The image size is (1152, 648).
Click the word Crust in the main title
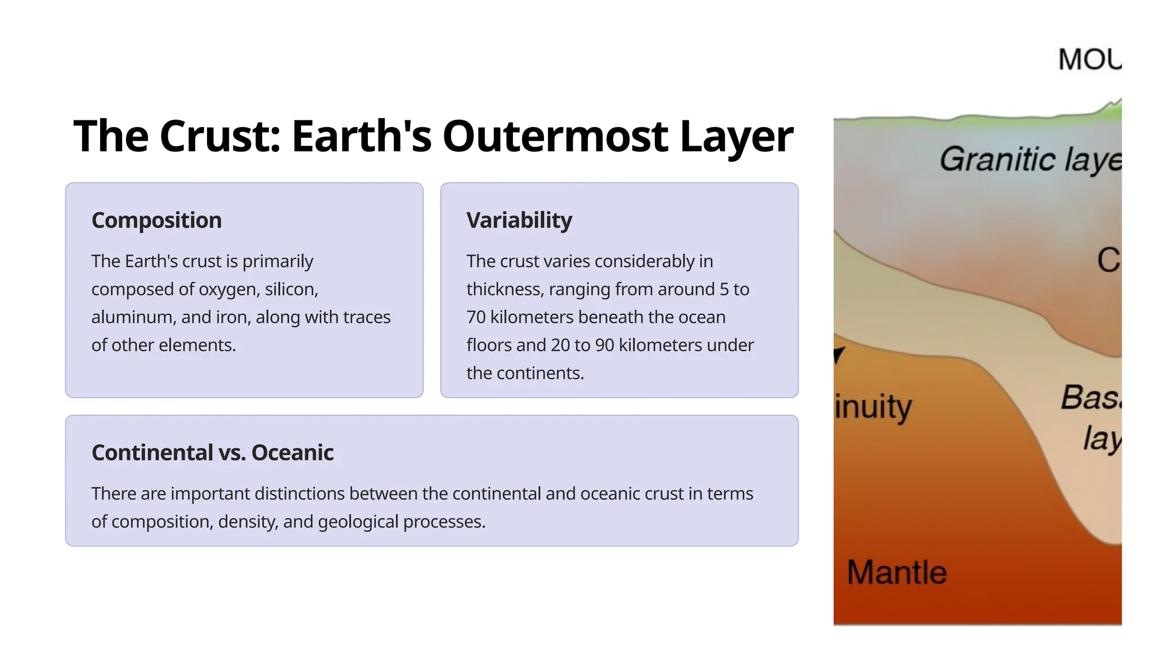coord(219,137)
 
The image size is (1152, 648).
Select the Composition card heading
coord(156,220)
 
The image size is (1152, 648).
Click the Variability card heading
coord(519,220)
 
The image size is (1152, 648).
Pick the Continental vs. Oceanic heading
coord(212,452)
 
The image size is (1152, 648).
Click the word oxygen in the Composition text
coord(228,289)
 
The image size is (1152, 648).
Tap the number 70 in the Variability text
coord(475,317)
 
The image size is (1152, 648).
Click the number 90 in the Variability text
coord(604,345)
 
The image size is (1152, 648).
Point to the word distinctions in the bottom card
coord(299,493)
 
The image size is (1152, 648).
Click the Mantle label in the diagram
coord(897,573)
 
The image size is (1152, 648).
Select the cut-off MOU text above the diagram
coord(1089,60)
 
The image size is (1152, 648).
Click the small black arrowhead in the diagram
coord(839,354)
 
